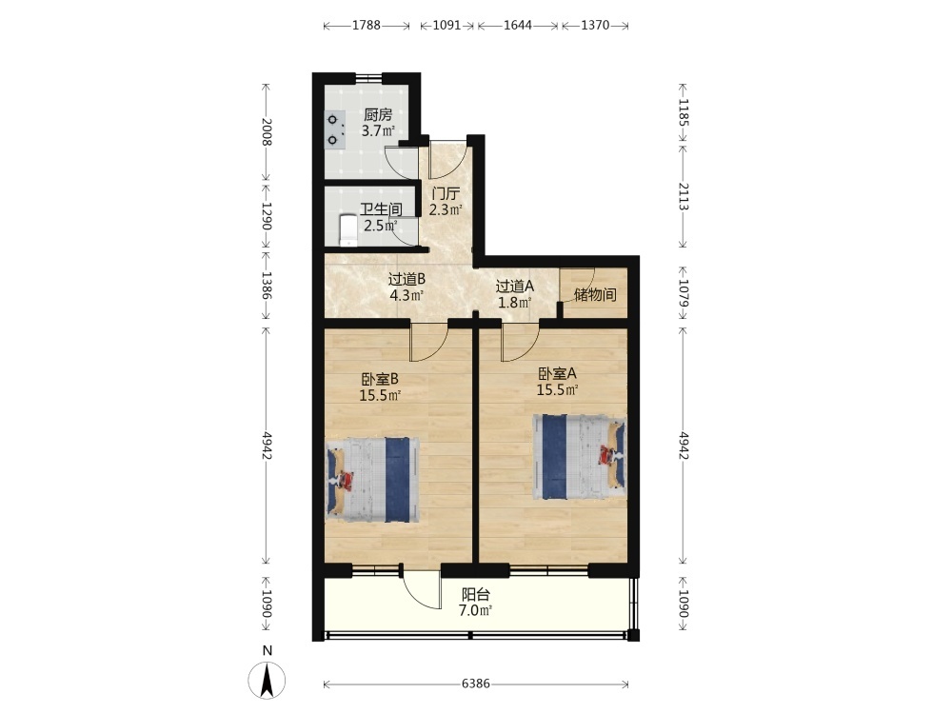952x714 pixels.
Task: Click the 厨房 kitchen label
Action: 378,114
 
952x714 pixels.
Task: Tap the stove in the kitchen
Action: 334,129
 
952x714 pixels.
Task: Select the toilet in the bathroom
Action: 347,230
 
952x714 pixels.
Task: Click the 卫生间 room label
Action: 381,209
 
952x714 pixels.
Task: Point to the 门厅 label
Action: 446,194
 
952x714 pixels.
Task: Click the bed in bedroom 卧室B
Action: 373,480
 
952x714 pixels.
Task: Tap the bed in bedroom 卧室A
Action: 579,457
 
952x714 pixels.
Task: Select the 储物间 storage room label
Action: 595,295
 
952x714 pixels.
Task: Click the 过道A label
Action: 514,286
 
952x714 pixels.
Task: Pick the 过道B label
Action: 407,279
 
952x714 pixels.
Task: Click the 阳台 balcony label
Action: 475,595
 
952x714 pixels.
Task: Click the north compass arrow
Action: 267,680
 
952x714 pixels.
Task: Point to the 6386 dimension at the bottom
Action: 475,684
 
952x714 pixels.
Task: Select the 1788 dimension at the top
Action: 367,25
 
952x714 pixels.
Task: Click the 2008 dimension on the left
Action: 266,131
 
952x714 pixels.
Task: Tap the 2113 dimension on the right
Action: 683,196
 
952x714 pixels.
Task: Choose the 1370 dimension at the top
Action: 595,25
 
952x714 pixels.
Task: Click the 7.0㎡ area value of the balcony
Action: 475,610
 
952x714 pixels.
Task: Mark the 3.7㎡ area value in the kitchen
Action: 378,130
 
